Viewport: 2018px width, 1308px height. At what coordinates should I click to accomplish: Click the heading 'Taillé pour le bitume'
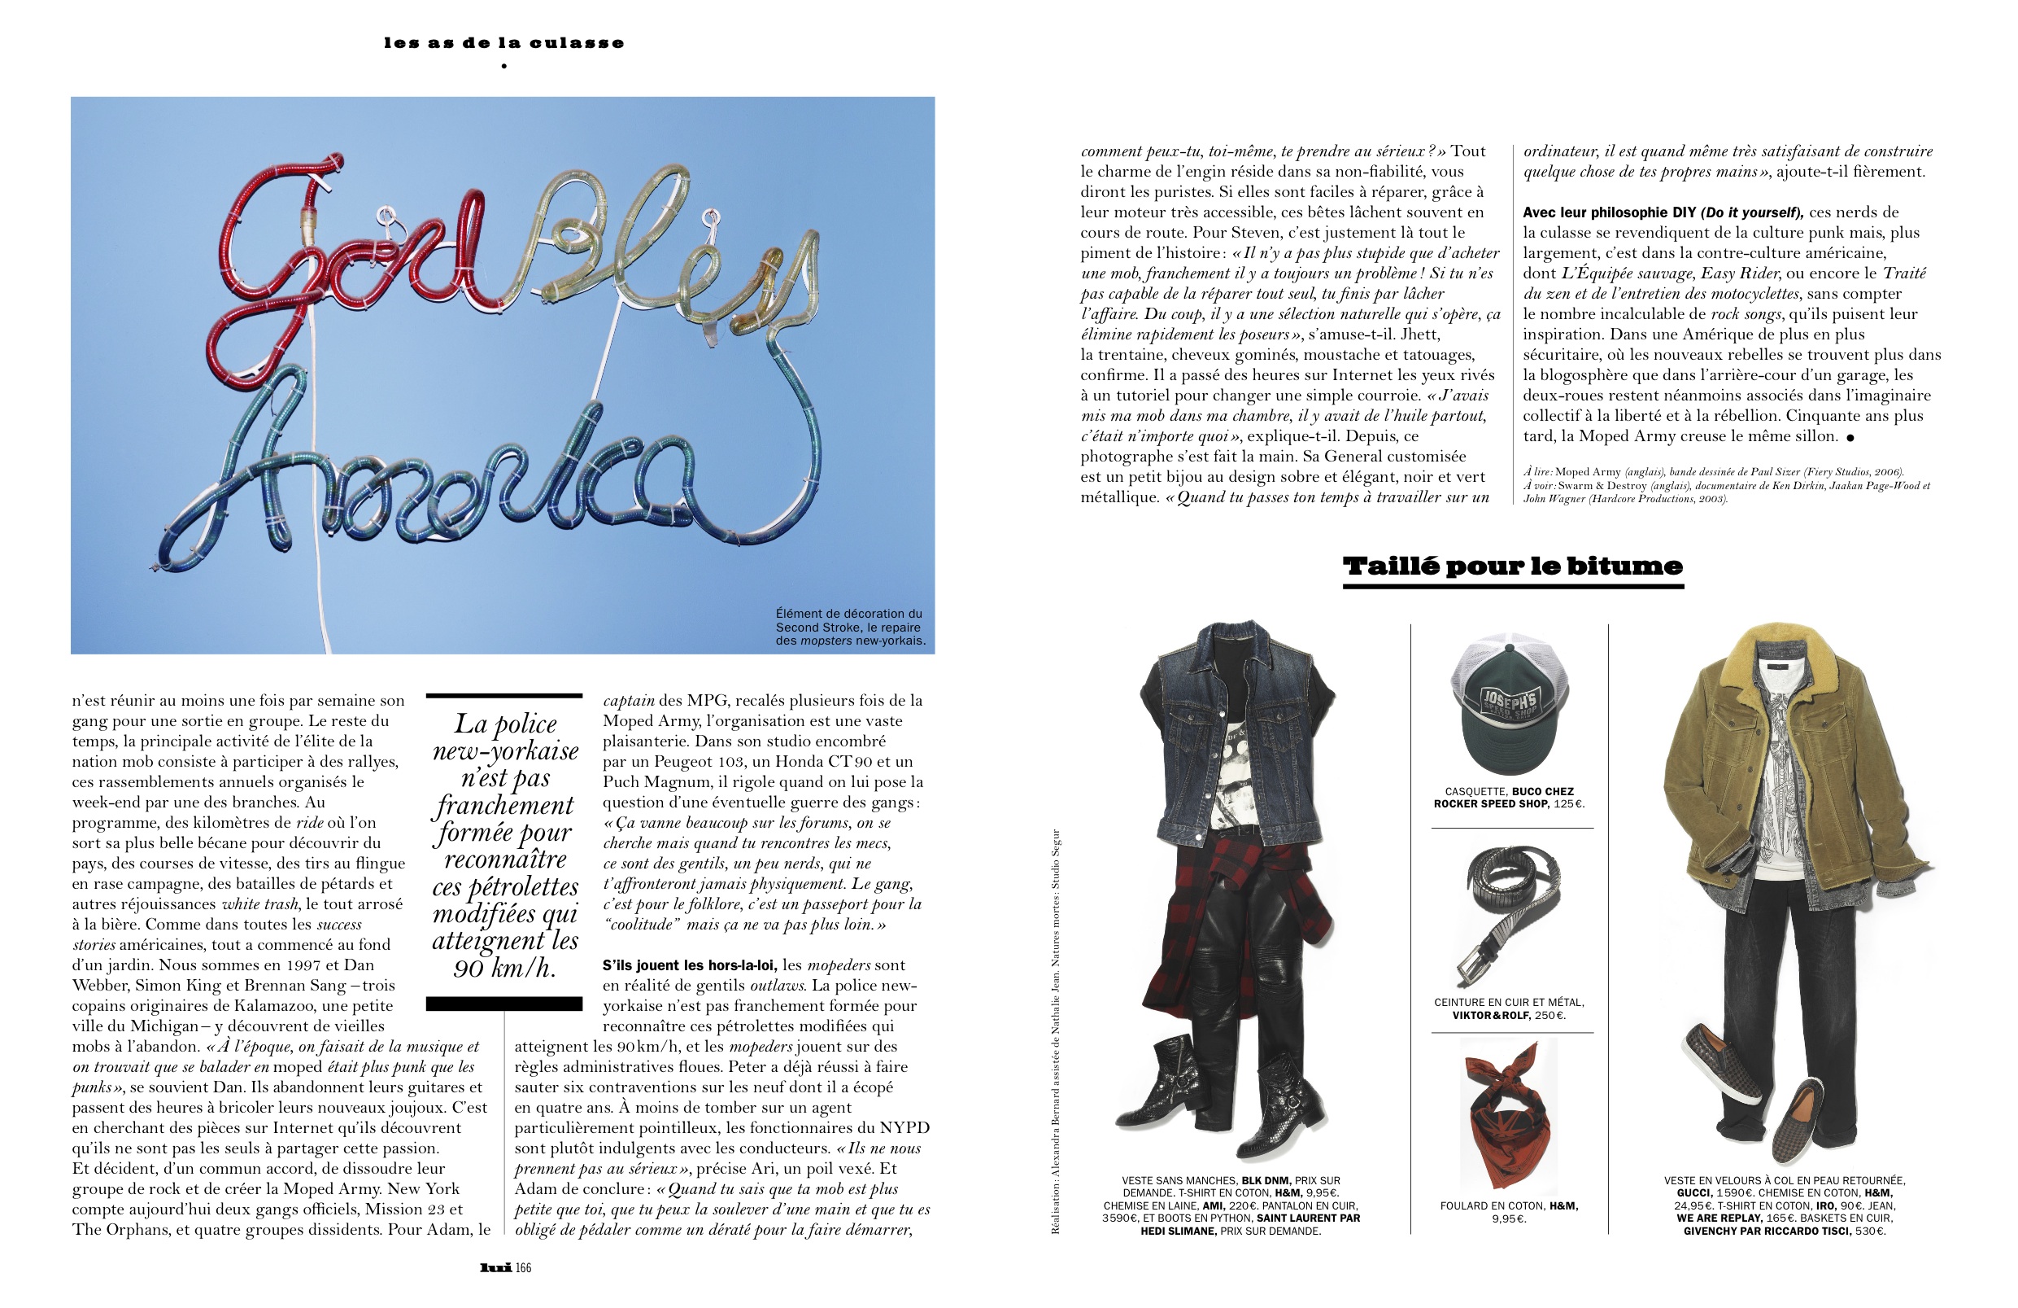pyautogui.click(x=1513, y=567)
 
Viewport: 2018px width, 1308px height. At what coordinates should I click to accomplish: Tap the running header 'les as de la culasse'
pyautogui.click(x=503, y=43)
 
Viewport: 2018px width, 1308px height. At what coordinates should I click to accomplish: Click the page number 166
pyautogui.click(x=523, y=1267)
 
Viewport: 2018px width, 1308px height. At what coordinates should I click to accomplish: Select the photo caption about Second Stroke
pyautogui.click(x=848, y=627)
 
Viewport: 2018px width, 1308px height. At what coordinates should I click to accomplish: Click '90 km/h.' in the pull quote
pyautogui.click(x=504, y=968)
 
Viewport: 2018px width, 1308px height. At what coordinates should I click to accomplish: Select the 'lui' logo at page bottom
pyautogui.click(x=495, y=1267)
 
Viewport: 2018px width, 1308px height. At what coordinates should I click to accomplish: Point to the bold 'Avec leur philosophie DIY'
pyautogui.click(x=1610, y=212)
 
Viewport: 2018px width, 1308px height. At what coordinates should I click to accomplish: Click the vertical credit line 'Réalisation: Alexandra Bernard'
pyautogui.click(x=1055, y=1128)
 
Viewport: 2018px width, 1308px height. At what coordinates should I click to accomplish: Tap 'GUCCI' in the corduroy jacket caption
pyautogui.click(x=1694, y=1192)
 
